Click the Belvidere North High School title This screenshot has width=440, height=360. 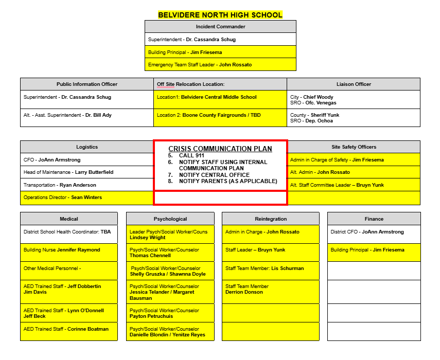coord(220,15)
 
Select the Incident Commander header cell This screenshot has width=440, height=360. coord(220,27)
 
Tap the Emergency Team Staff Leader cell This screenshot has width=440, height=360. coord(220,65)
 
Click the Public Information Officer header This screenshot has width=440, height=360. coord(87,84)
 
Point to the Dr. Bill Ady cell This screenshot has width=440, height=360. coord(87,115)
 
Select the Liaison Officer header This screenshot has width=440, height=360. coord(354,84)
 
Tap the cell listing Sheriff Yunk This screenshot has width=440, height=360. coord(354,118)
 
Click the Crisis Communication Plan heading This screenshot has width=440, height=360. coord(220,149)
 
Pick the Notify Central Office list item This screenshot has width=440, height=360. coord(214,175)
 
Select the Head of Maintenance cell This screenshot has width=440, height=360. coord(87,172)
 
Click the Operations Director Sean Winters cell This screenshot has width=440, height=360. coord(87,197)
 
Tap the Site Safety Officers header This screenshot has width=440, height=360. coord(354,147)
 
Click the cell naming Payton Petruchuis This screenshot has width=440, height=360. coord(170,313)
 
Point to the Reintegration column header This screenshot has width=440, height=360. coord(271,219)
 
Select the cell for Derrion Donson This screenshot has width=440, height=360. coord(271,290)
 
